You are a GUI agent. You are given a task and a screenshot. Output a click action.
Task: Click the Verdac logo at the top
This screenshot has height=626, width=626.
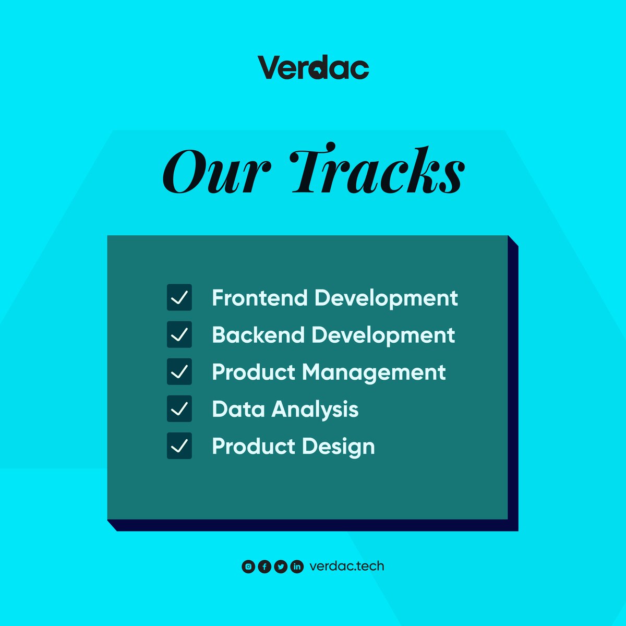point(313,68)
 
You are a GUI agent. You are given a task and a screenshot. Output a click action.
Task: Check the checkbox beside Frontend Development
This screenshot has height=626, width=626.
point(179,297)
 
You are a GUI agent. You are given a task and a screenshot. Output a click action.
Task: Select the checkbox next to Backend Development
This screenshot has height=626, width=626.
point(179,334)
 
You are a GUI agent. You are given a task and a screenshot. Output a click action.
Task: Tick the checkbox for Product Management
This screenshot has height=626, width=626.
point(179,371)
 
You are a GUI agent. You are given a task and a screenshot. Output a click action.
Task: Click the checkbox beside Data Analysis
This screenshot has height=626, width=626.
point(179,408)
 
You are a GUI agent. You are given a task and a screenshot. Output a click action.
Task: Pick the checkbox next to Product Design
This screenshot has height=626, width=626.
point(179,446)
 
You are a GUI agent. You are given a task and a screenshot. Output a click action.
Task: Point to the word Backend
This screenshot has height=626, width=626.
point(258,335)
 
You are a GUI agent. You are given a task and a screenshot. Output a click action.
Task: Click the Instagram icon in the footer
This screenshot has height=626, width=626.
point(249,567)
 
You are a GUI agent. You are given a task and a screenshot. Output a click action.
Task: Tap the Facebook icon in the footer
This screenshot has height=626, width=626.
point(264,567)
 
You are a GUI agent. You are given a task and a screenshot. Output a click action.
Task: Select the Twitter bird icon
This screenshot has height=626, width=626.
point(281,567)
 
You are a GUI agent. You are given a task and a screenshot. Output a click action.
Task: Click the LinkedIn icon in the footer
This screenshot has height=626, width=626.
point(297,567)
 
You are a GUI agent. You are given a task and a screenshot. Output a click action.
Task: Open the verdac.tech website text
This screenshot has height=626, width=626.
point(346,566)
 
